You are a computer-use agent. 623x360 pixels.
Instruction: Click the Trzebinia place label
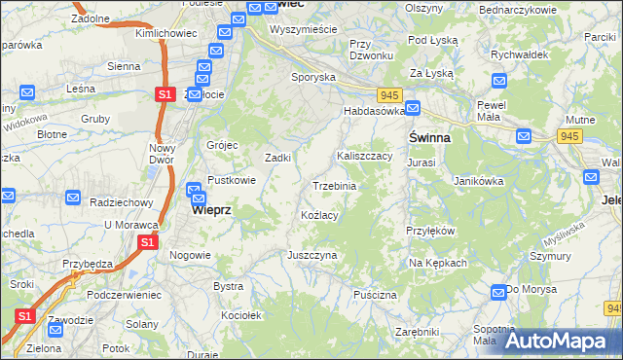[x=334, y=186]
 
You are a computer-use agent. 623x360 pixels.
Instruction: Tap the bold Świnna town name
[x=428, y=138]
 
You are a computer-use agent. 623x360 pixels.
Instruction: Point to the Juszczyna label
[x=311, y=255]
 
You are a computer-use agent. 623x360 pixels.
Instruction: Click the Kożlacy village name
[x=319, y=215]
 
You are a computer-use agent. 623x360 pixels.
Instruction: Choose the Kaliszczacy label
[x=364, y=156]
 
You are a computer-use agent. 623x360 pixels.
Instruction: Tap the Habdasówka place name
[x=374, y=112]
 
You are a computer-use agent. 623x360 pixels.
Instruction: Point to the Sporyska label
[x=313, y=76]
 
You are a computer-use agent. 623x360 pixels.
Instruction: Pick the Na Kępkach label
[x=438, y=263]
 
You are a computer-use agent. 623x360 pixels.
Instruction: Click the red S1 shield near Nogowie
[x=147, y=242]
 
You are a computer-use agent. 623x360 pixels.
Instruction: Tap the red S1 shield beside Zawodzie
[x=25, y=317]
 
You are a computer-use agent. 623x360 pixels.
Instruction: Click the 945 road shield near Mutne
[x=570, y=135]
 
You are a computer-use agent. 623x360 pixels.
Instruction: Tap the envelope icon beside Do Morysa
[x=498, y=291]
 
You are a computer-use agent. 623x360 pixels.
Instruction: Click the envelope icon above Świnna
[x=413, y=109]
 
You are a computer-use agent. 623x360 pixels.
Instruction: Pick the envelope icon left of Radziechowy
[x=73, y=198]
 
